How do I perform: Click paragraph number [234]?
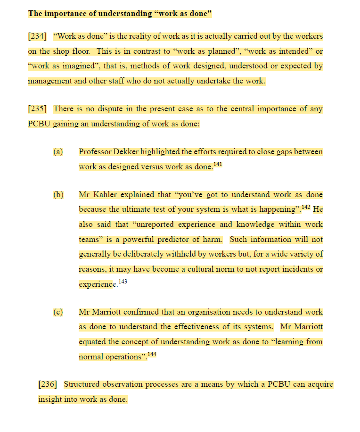point(37,36)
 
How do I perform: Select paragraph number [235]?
point(37,109)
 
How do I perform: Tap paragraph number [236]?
point(48,384)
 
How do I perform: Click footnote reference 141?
point(217,164)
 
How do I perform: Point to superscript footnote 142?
point(306,207)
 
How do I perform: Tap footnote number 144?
point(152,354)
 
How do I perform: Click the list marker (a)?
point(58,152)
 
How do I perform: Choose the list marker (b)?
point(58,194)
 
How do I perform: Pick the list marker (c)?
point(58,312)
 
